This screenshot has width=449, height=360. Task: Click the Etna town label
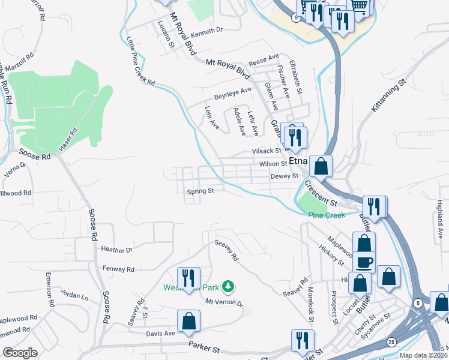[298, 162]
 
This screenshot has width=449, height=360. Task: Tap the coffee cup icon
[364, 262]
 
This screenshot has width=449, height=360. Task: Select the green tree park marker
[228, 287]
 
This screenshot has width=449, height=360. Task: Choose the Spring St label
[200, 191]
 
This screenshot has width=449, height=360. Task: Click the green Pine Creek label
[327, 215]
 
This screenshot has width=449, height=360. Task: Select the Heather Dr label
[116, 250]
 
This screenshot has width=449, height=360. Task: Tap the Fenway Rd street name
[118, 269]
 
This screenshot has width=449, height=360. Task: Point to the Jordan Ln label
[74, 296]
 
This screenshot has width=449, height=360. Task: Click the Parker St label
[205, 346]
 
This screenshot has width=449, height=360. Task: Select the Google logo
[20, 352]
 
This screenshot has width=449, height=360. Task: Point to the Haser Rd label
[68, 140]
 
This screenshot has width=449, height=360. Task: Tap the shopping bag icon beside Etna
[322, 166]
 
